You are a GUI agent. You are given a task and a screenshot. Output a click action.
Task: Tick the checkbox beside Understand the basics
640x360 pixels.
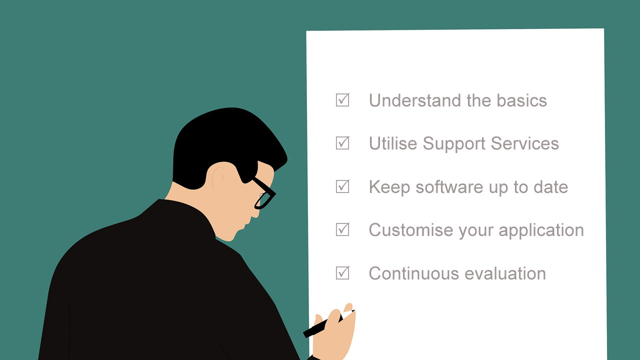[342, 100]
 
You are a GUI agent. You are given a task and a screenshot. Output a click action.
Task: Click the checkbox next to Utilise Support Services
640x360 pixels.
[342, 143]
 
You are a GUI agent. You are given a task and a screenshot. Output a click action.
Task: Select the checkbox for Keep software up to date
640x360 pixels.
[342, 186]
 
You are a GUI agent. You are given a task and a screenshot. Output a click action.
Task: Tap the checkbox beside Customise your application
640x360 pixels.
[342, 229]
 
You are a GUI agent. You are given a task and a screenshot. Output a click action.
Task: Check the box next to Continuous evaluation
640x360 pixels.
[342, 273]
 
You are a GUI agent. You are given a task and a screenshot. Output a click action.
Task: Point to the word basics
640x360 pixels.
[521, 100]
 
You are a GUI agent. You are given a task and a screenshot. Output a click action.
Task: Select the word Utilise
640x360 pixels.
[393, 143]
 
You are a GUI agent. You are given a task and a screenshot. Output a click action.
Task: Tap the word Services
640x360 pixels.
[525, 143]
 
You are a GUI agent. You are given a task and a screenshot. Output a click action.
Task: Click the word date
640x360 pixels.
[551, 187]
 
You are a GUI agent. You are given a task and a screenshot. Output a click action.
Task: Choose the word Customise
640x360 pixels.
[411, 230]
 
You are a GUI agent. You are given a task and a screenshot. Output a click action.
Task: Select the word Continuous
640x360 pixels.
[414, 273]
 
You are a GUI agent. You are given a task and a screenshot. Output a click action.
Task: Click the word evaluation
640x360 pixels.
[505, 273]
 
